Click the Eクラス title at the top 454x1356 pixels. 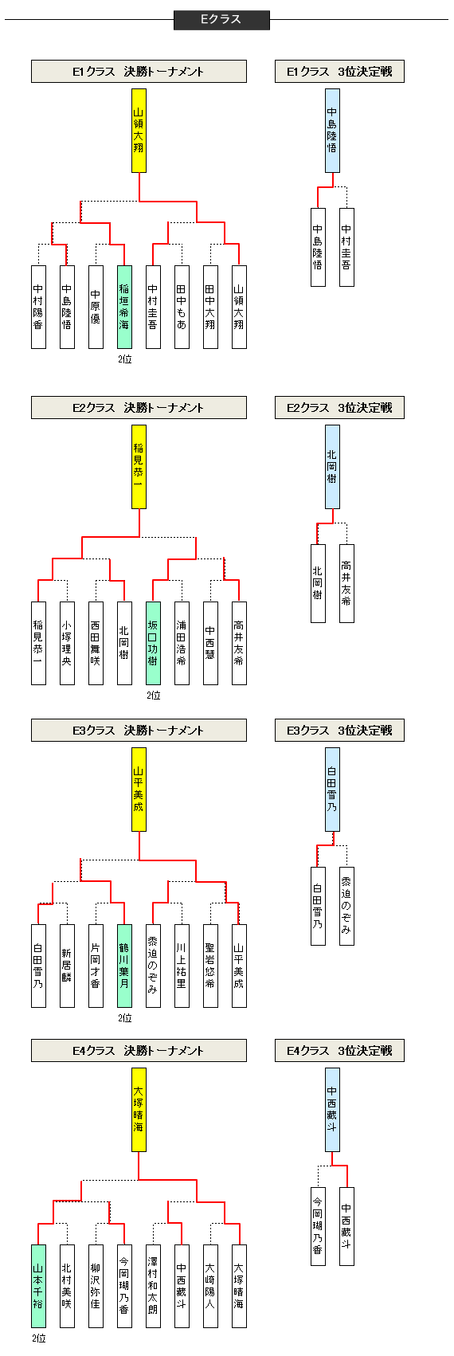pos(221,20)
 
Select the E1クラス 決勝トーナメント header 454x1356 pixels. pos(139,72)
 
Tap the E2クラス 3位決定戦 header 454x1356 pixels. pos(339,408)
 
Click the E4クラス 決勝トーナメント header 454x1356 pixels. pos(139,1051)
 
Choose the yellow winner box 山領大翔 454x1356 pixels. pos(139,130)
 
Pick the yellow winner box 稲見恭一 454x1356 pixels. pos(139,466)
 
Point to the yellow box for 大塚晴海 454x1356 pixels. pos(139,1110)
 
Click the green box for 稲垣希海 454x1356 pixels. pos(124,307)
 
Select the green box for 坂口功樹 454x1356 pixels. pos(153,643)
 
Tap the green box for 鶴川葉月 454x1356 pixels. pos(124,966)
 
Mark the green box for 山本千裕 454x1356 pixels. pos(38,1286)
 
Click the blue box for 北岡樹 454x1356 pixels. pos(332,466)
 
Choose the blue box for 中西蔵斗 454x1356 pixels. pos(332,1110)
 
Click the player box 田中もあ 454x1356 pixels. pos(182,307)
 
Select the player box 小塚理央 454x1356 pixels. pos(67,643)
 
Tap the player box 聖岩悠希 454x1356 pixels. pos(210,966)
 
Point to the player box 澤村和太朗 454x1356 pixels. pos(153,1286)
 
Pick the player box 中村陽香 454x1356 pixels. pos(38,307)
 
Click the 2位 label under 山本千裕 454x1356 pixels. pos(38,1338)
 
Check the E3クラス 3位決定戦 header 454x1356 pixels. pos(339,731)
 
